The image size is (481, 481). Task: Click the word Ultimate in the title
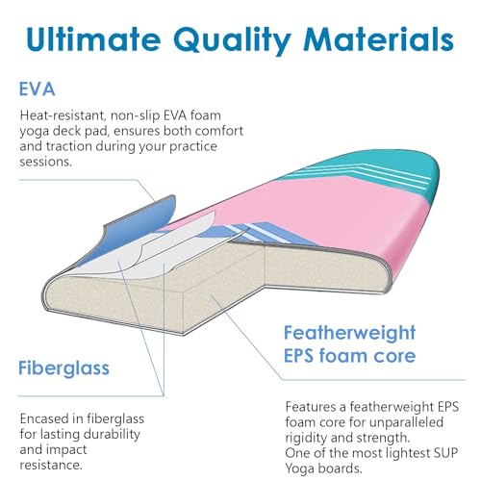(x=93, y=39)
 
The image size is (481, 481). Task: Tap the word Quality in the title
(x=233, y=41)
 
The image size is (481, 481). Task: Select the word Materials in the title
(x=379, y=39)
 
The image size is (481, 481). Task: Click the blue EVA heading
(x=37, y=89)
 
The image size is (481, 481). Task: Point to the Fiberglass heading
(x=63, y=367)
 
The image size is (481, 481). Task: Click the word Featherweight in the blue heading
(x=350, y=333)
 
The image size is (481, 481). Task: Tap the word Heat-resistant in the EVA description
(x=63, y=115)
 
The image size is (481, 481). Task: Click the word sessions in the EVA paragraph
(x=45, y=162)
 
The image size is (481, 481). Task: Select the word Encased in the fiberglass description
(x=45, y=418)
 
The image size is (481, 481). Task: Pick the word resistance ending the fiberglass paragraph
(x=51, y=465)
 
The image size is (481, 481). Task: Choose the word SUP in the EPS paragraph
(x=446, y=453)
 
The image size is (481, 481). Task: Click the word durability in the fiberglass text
(x=110, y=435)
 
